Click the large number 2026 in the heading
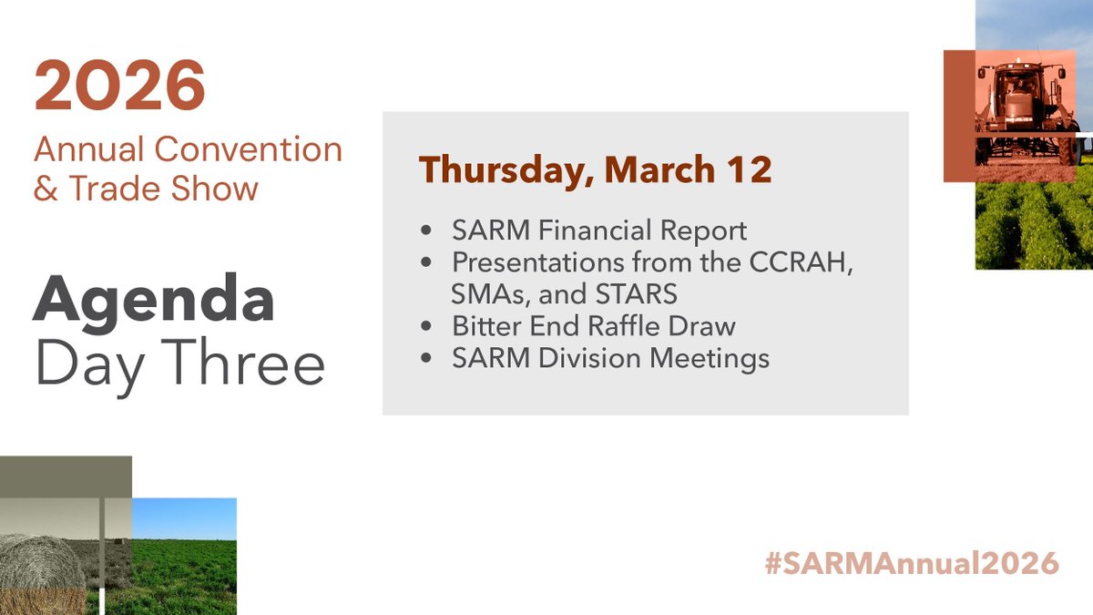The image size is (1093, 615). (119, 87)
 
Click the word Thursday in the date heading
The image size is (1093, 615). (501, 170)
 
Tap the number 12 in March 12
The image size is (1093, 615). (751, 170)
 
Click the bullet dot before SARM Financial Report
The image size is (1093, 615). (425, 231)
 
